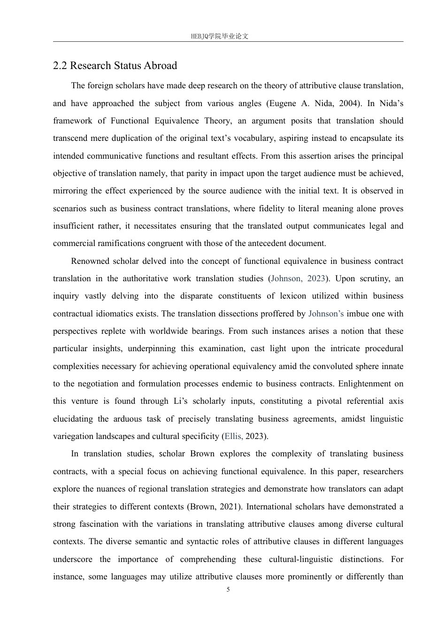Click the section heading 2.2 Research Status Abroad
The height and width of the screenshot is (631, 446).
click(x=115, y=66)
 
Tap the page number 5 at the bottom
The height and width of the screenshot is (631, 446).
click(x=228, y=590)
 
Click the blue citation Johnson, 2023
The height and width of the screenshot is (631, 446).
click(x=298, y=278)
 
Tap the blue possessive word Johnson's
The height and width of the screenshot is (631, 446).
click(x=326, y=314)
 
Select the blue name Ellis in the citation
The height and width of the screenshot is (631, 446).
click(x=233, y=436)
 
